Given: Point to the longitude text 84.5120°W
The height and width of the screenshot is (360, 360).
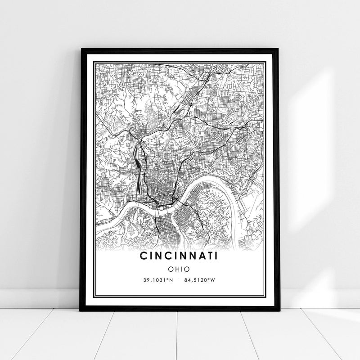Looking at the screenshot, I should pos(200,280).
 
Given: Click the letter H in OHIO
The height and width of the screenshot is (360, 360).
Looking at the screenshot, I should pos(175,269).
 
